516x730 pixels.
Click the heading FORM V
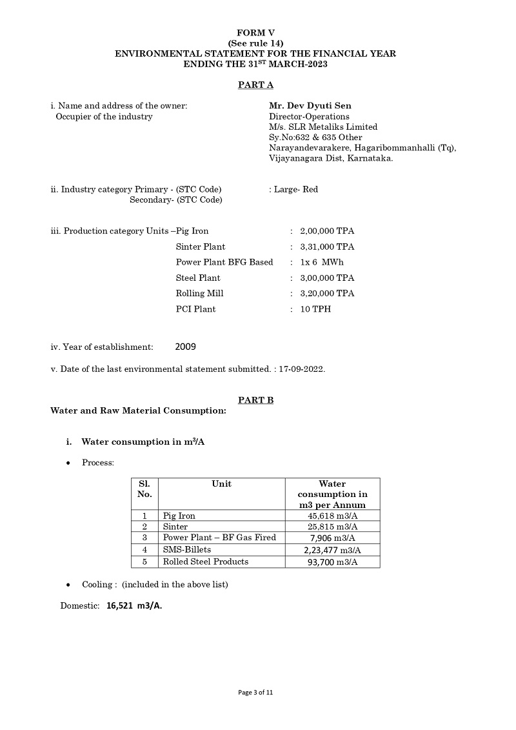point(255,32)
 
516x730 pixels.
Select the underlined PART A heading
point(255,85)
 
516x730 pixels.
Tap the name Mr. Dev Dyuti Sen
point(310,106)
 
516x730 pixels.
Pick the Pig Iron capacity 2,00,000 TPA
point(327,231)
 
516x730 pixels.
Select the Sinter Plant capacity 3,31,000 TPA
point(327,247)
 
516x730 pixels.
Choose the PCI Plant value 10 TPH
point(313,309)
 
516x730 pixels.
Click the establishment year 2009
point(185,347)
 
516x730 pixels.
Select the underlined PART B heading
point(255,400)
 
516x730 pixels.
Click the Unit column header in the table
point(221,483)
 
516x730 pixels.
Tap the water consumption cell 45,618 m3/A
point(332,516)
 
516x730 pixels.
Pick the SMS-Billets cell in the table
point(187,549)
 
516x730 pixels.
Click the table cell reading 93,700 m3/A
point(332,562)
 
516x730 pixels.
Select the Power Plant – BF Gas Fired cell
point(219,538)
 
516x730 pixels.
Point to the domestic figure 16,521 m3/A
point(134,606)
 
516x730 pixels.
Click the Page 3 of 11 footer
point(255,693)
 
